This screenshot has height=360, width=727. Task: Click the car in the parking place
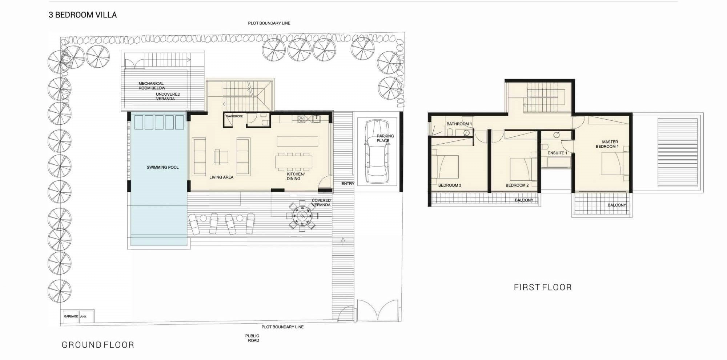[x=377, y=152]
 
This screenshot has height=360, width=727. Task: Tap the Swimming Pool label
[x=162, y=167]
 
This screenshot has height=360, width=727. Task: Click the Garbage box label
[x=71, y=316]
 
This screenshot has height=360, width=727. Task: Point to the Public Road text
[x=253, y=338]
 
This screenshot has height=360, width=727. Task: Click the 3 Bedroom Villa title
[x=83, y=15]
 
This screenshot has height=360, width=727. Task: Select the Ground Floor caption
[x=98, y=345]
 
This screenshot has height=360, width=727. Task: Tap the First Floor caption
[x=543, y=287]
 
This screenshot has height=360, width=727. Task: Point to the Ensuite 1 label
[x=557, y=153]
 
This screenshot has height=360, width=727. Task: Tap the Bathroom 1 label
[x=459, y=124]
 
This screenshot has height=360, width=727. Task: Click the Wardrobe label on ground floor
[x=234, y=116]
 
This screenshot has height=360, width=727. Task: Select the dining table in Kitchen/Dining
[x=293, y=162]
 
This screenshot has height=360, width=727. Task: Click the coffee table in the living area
[x=221, y=157]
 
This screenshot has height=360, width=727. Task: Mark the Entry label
[x=348, y=184]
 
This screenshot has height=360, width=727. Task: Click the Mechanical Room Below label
[x=152, y=86]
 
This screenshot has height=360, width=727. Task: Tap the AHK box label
[x=83, y=317]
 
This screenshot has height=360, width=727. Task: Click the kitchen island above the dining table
[x=297, y=141]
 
